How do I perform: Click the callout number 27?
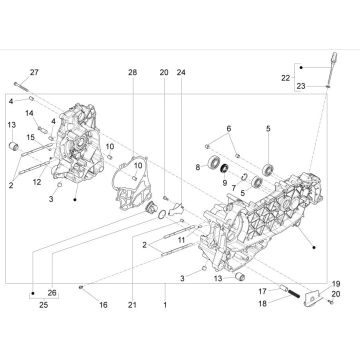coord(33,73)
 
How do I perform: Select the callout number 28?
coord(132,73)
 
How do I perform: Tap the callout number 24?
coord(181,73)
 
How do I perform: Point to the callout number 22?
coord(314,77)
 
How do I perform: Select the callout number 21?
coord(132,305)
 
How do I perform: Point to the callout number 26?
coord(52,292)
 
